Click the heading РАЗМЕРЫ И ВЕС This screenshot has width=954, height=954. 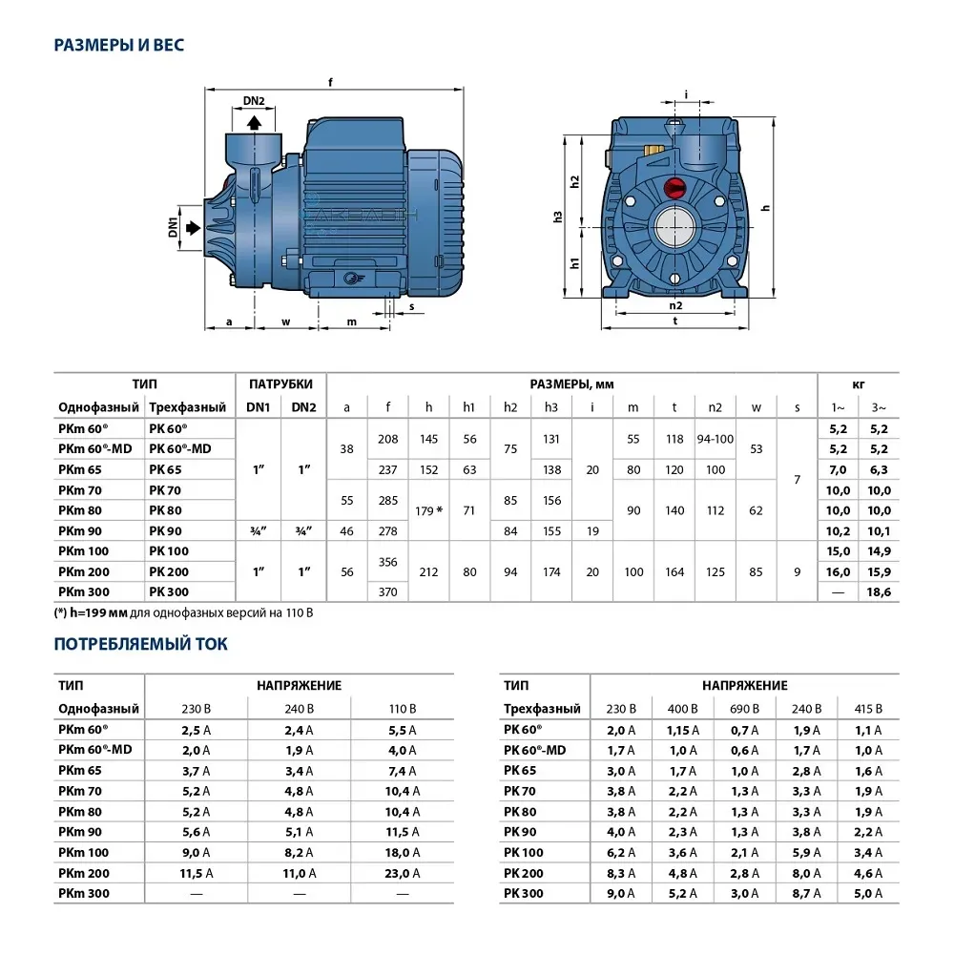[119, 45]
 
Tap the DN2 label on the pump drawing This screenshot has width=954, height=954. [253, 101]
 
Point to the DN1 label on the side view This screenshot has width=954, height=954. [173, 227]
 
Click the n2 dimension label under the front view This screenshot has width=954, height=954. [675, 306]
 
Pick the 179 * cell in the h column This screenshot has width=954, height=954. [428, 510]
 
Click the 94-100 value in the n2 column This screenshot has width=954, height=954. [715, 440]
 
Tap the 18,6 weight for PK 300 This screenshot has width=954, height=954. [879, 592]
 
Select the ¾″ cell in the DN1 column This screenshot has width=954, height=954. [259, 530]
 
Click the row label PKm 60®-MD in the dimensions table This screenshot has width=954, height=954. [94, 448]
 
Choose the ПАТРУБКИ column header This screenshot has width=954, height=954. [280, 384]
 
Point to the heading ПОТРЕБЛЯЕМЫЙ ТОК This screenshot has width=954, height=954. [140, 645]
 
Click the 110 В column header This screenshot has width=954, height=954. [403, 709]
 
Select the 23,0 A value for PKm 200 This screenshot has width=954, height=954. [403, 873]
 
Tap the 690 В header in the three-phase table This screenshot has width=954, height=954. [744, 709]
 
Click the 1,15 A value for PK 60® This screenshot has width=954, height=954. [682, 730]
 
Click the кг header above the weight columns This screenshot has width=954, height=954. [859, 384]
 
